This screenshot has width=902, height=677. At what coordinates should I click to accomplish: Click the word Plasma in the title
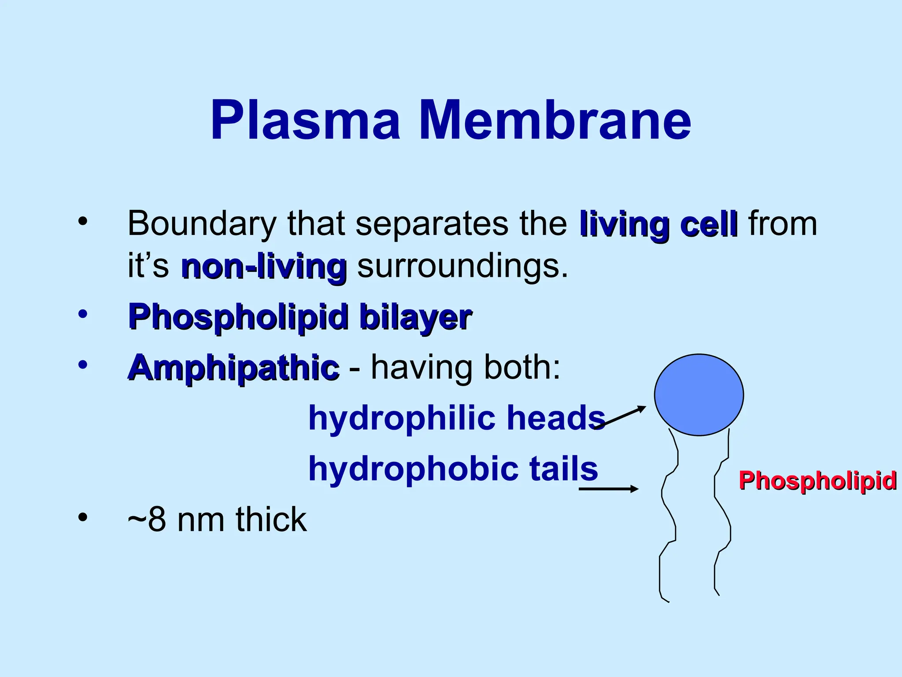coord(305,120)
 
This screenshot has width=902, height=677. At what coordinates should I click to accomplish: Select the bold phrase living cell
coord(658,224)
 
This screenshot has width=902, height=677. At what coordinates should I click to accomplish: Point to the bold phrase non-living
coord(263,267)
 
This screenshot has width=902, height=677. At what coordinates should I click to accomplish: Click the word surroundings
coord(462,267)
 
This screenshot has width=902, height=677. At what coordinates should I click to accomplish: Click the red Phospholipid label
coord(817,480)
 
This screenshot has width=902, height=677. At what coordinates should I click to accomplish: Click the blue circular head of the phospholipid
coord(699,395)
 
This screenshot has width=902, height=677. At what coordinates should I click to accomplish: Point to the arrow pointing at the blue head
coord(621,417)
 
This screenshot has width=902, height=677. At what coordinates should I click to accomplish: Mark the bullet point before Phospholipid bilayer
coord(82,314)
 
